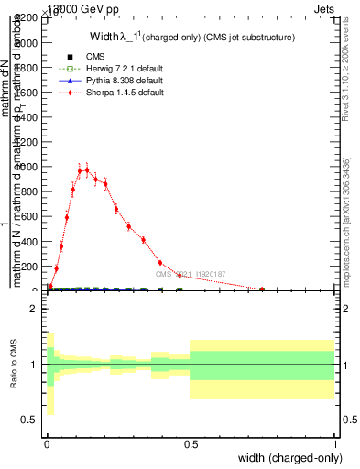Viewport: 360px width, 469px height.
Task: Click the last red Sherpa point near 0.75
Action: coord(262,289)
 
